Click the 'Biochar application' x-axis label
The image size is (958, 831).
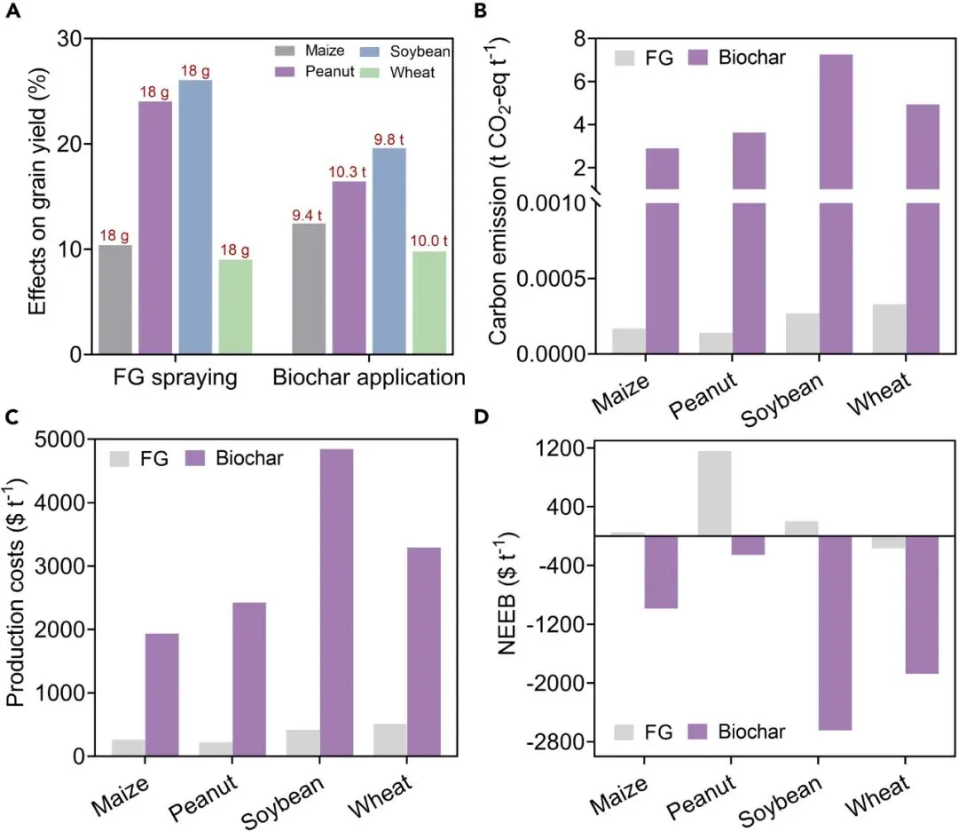click(369, 378)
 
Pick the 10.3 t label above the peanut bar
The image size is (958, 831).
click(349, 171)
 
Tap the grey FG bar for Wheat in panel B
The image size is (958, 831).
click(889, 329)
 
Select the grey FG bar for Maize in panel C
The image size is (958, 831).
click(129, 748)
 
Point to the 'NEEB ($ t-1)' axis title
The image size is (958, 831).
click(507, 593)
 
